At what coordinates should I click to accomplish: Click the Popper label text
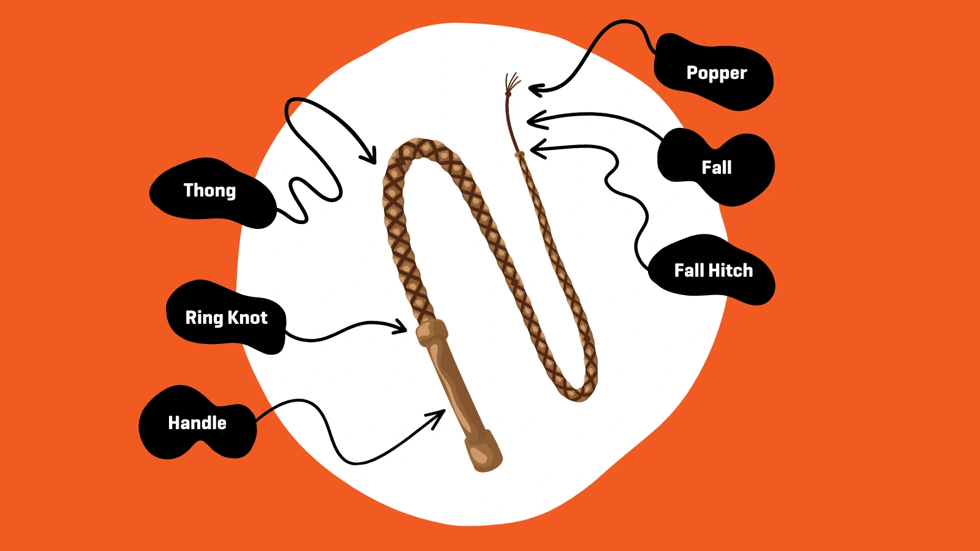click(716, 73)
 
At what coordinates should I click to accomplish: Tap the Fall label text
click(716, 167)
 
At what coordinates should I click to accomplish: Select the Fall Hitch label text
click(713, 271)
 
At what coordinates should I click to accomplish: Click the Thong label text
click(209, 190)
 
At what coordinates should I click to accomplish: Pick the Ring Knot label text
click(226, 318)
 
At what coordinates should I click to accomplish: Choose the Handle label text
click(197, 423)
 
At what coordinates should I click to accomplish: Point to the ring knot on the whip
click(432, 332)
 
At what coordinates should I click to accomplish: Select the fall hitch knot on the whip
click(520, 156)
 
